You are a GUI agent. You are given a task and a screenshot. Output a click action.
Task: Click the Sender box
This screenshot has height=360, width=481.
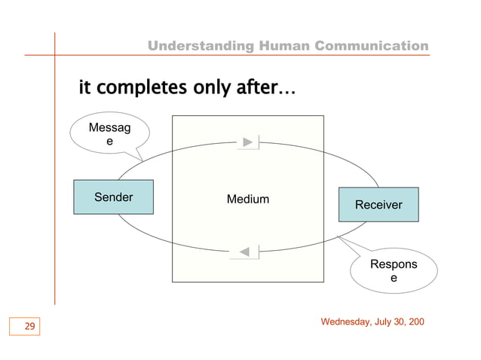tap(113, 197)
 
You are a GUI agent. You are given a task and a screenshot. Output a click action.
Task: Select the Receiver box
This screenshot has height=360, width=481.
tap(378, 205)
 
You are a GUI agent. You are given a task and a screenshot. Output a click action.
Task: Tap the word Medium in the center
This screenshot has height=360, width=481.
tap(248, 200)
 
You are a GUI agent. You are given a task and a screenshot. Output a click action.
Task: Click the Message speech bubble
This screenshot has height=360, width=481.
tap(109, 135)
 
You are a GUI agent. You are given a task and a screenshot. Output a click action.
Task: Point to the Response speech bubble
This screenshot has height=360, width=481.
tap(393, 272)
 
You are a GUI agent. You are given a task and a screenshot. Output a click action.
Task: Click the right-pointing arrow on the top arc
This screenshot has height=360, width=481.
tap(249, 142)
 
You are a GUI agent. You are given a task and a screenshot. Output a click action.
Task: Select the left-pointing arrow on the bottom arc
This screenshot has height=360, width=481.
tap(246, 251)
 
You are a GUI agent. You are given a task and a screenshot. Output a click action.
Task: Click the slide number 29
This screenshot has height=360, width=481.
tap(30, 326)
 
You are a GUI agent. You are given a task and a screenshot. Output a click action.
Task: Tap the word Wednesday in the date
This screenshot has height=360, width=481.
tap(348, 322)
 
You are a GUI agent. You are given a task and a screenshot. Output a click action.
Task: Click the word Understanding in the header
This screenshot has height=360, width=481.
tap(201, 47)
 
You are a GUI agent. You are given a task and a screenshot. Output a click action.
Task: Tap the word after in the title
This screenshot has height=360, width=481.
tap(256, 89)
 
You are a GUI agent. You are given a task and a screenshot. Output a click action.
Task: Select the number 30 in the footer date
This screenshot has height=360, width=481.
tap(404, 322)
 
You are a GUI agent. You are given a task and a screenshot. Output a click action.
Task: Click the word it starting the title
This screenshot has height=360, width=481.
tap(84, 89)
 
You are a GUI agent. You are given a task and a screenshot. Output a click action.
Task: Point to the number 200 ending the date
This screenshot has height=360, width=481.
tap(418, 322)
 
